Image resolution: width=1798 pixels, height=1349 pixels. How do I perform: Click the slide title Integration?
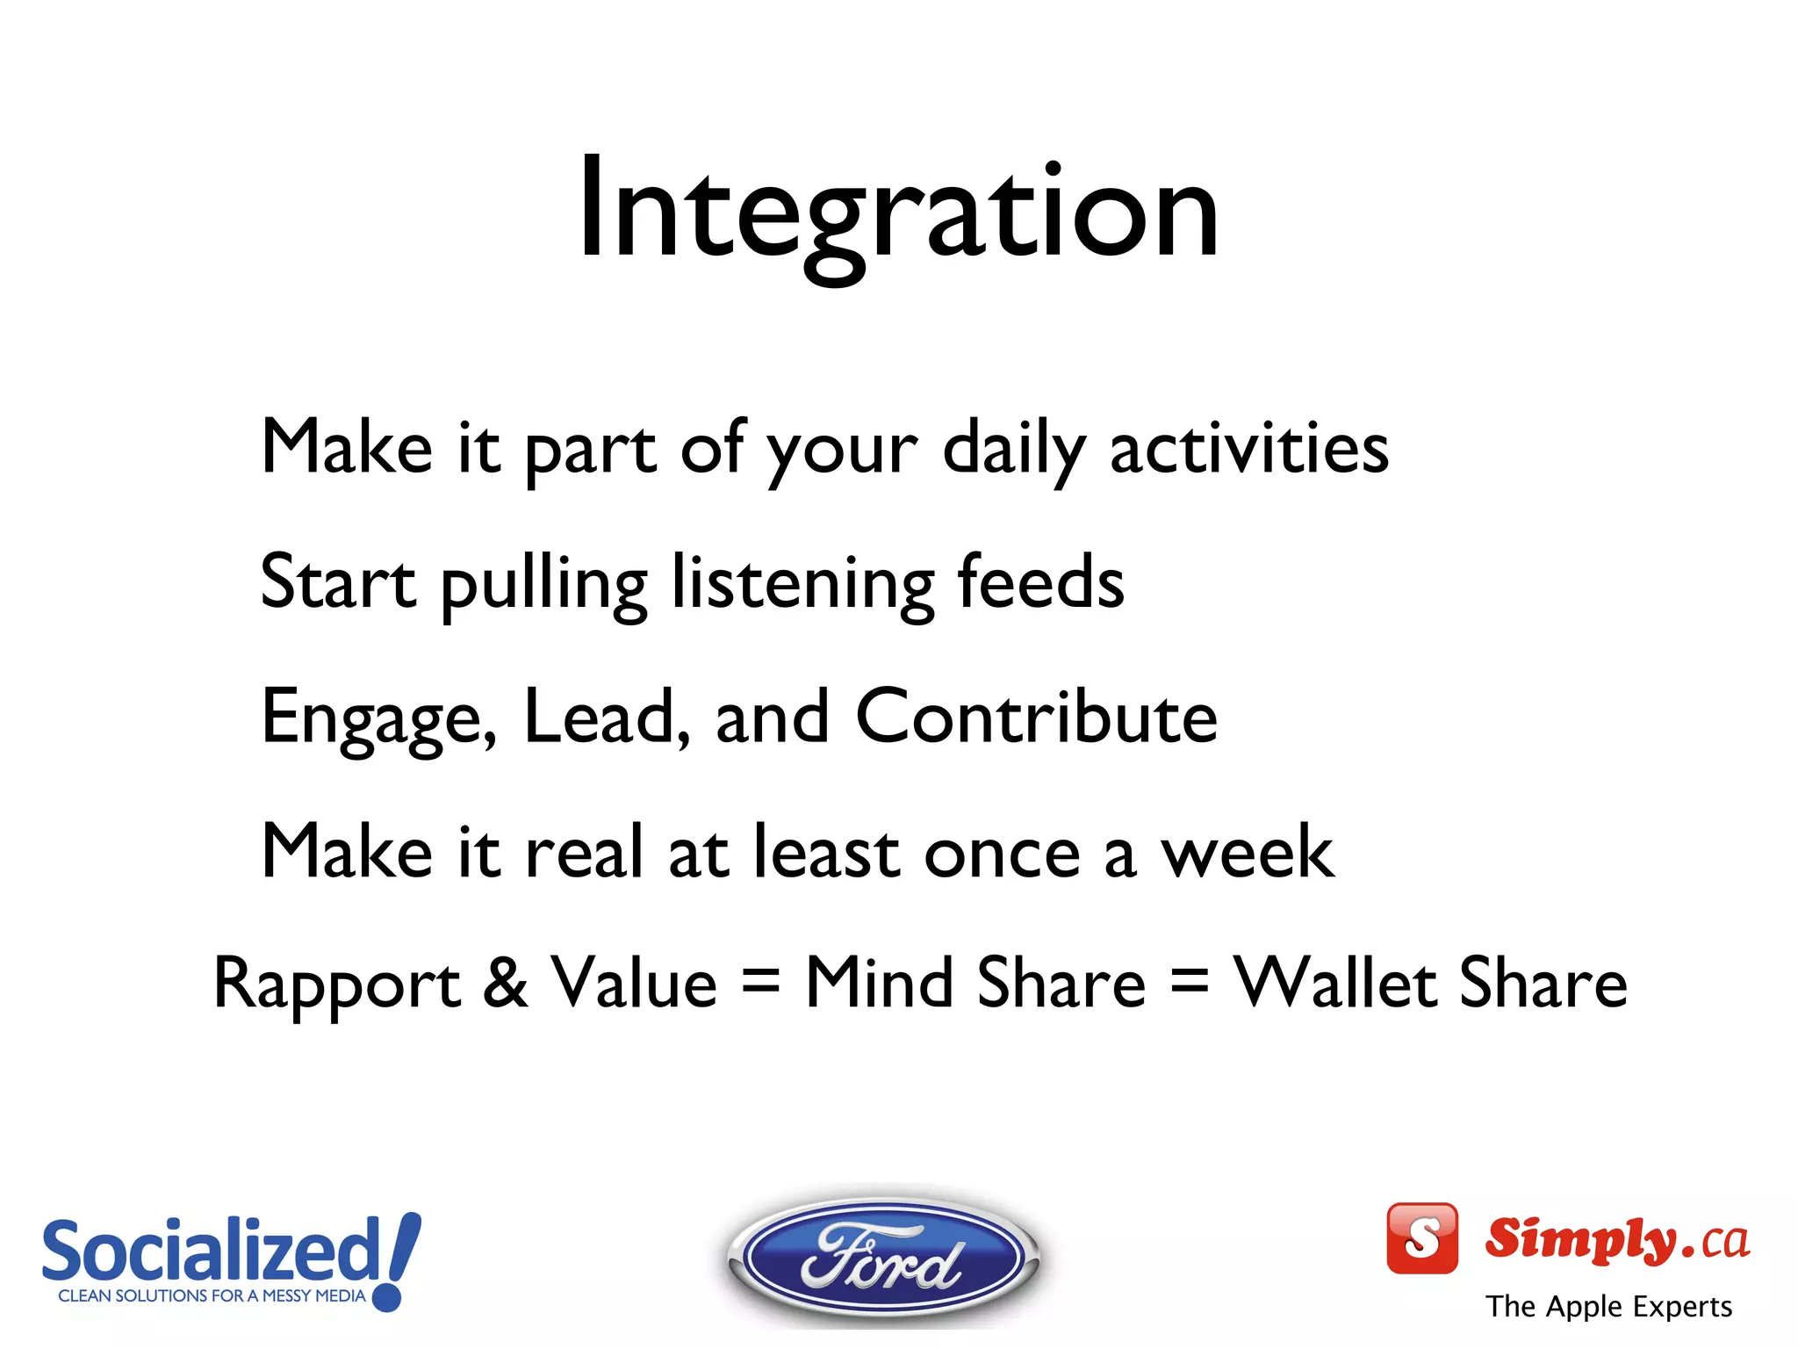[897, 211]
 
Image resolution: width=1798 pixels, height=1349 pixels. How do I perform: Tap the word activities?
[1248, 448]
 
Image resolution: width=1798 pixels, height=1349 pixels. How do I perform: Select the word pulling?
[543, 584]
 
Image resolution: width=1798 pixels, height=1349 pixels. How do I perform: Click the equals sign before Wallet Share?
[1190, 984]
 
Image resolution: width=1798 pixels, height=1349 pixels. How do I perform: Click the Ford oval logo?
[882, 1258]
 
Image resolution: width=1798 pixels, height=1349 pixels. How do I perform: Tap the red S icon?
[1421, 1238]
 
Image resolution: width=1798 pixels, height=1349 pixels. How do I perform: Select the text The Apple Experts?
[1608, 1306]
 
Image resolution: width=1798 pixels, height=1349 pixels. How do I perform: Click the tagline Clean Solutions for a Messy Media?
[212, 1295]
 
